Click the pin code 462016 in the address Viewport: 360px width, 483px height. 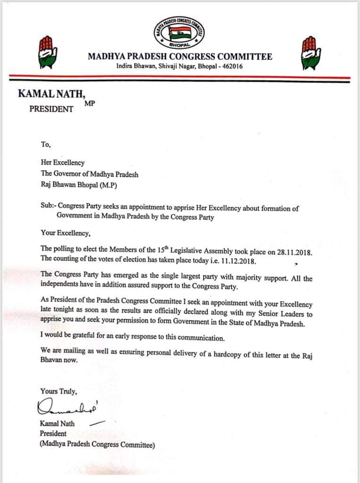[230, 67]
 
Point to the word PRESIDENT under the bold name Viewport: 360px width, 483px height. [51, 109]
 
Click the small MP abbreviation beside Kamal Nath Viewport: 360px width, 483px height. [90, 103]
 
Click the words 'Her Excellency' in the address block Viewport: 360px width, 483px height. [62, 163]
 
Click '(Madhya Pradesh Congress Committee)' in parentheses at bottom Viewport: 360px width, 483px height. [97, 444]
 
